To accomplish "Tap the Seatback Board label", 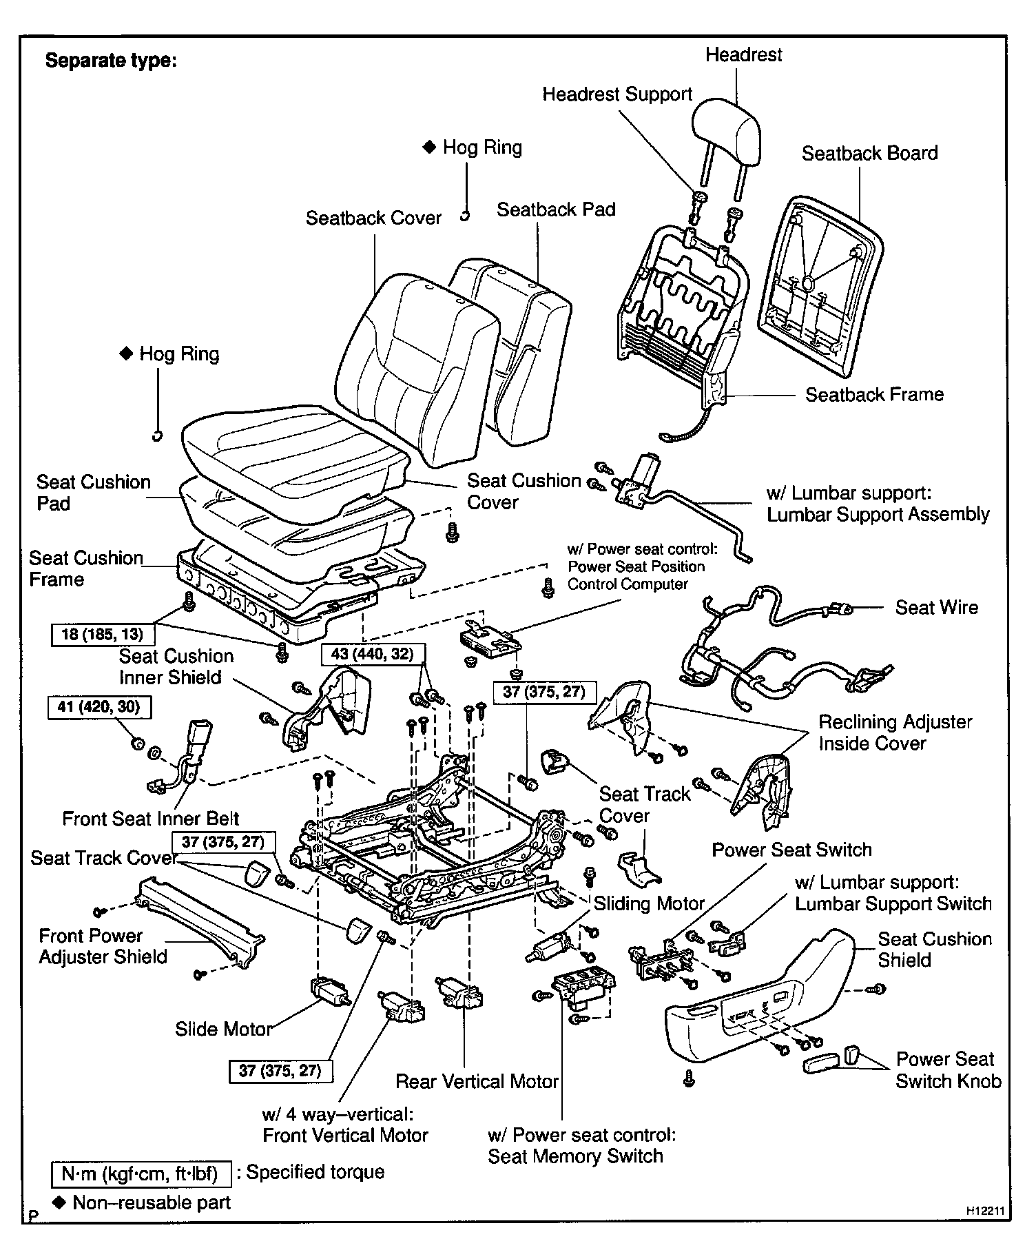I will pyautogui.click(x=869, y=153).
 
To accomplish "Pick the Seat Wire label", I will pyautogui.click(x=936, y=607).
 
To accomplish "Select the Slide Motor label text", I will pyautogui.click(x=224, y=1029).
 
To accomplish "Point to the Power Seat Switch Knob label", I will pyautogui.click(x=947, y=1069).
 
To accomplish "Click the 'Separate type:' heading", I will pyautogui.click(x=111, y=61).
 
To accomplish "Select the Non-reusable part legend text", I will pyautogui.click(x=151, y=1202).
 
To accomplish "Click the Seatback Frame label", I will pyautogui.click(x=874, y=394).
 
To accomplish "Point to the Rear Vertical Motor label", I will pyautogui.click(x=477, y=1081).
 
